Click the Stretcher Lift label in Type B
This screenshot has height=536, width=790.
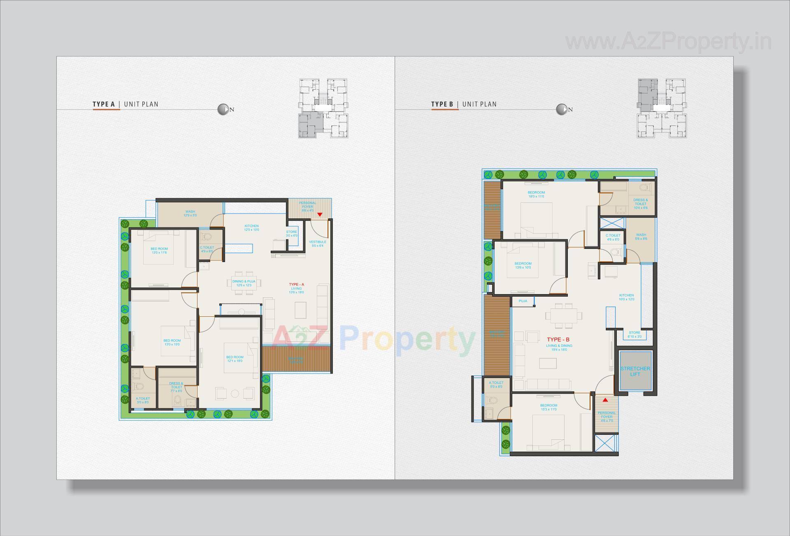click(635, 371)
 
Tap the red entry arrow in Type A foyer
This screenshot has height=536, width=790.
click(320, 214)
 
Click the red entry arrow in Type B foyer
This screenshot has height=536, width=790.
click(605, 399)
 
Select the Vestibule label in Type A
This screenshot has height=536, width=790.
click(318, 244)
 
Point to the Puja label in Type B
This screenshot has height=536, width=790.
click(523, 301)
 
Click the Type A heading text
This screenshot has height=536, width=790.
click(104, 104)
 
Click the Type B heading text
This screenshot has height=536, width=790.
click(442, 104)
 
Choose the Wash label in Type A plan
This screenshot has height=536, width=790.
click(190, 213)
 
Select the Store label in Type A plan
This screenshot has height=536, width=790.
click(291, 234)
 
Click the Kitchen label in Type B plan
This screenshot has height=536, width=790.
click(626, 297)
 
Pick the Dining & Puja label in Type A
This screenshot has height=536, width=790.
click(244, 283)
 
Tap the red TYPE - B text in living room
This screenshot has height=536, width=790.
click(558, 339)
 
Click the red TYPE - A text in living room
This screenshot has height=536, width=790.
click(296, 284)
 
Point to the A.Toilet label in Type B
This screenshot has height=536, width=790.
click(496, 384)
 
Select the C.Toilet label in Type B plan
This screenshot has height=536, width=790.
click(613, 237)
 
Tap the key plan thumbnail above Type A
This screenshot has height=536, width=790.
click(323, 108)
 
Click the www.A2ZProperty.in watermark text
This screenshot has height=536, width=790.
click(668, 42)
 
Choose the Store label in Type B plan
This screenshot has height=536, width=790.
click(634, 334)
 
